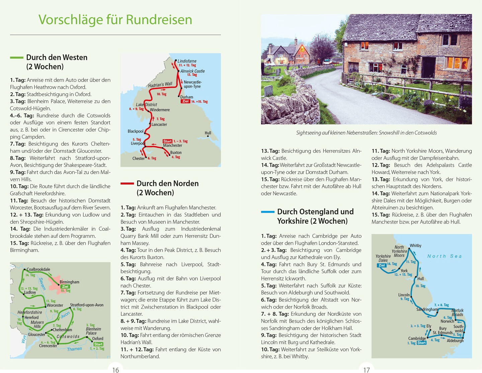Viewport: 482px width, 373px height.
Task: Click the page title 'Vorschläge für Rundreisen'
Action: click(115, 20)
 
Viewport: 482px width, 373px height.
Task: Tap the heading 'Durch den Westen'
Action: click(57, 58)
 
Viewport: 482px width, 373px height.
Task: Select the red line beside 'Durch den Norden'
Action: click(127, 183)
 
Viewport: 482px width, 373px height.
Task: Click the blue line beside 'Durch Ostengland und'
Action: click(268, 212)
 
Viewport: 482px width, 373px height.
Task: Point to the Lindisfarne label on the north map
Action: click(187, 61)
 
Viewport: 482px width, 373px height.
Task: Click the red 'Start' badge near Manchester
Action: click(167, 141)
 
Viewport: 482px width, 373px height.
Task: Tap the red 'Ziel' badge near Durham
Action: click(185, 101)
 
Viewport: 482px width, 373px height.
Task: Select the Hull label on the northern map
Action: click(208, 133)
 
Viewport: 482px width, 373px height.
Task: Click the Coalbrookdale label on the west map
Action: click(38, 270)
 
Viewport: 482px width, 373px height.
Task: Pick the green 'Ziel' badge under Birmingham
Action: click(65, 287)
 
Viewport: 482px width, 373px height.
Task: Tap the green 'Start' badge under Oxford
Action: click(98, 344)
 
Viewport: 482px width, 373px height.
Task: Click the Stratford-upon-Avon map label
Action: click(87, 305)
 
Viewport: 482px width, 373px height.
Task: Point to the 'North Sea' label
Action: click(445, 256)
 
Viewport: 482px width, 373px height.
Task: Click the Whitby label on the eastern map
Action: click(415, 246)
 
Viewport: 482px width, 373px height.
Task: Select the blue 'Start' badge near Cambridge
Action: click(421, 343)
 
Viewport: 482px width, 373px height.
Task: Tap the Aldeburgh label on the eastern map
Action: click(455, 341)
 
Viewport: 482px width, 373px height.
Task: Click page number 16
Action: click(115, 370)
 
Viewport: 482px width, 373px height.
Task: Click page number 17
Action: click(367, 370)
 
